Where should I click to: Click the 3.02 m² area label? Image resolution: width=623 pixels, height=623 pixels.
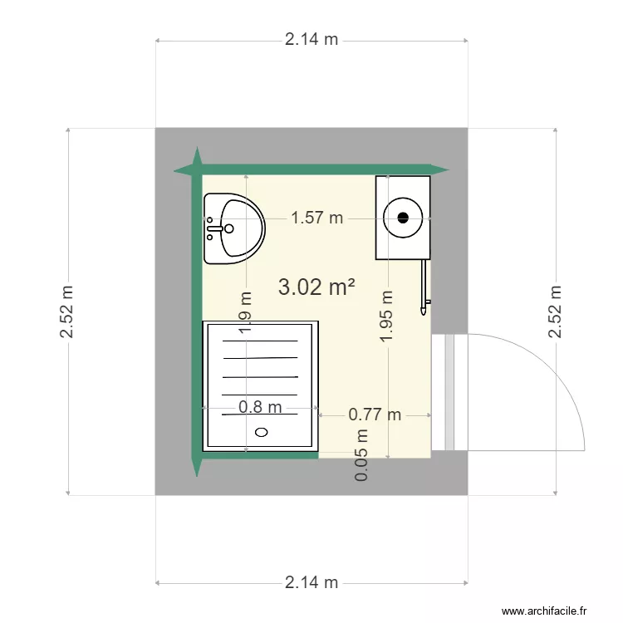tap(316, 287)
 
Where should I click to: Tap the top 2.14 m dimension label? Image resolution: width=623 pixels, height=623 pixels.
tap(311, 39)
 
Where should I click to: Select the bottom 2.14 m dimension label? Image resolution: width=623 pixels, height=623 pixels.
tap(311, 582)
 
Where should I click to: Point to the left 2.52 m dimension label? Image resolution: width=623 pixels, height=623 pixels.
tap(67, 312)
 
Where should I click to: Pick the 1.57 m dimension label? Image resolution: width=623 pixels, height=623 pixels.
tap(316, 218)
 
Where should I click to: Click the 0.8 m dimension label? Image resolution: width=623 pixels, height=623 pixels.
tap(260, 407)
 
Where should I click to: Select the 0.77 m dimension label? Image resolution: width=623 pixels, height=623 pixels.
tap(375, 414)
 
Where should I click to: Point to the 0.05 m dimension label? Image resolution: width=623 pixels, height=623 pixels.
tap(362, 455)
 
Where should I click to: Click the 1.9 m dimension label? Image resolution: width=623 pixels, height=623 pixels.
tap(246, 312)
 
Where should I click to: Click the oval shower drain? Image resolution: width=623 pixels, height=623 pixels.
tap(262, 432)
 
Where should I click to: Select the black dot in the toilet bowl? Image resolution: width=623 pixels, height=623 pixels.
tap(403, 218)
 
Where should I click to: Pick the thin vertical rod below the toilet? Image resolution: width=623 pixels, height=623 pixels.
tap(424, 287)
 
